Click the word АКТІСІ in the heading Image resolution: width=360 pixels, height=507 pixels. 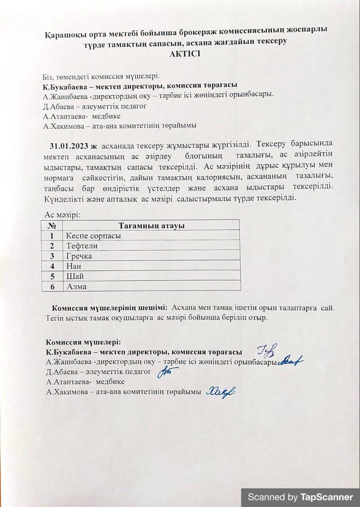[185, 54]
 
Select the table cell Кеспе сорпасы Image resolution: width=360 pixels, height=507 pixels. [94, 236]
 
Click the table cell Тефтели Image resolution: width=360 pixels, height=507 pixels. [82, 246]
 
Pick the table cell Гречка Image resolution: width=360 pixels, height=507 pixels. [79, 256]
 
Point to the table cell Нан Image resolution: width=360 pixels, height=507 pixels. [74, 266]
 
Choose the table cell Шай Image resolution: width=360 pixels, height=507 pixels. [75, 276]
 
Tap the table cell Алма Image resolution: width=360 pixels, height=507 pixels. [77, 287]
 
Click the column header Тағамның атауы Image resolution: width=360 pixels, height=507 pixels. [152, 226]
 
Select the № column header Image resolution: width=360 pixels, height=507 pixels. [52, 226]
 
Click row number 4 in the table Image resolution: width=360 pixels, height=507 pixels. [52, 266]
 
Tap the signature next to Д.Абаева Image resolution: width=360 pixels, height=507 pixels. [167, 372]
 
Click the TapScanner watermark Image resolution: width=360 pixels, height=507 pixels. [300, 497]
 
